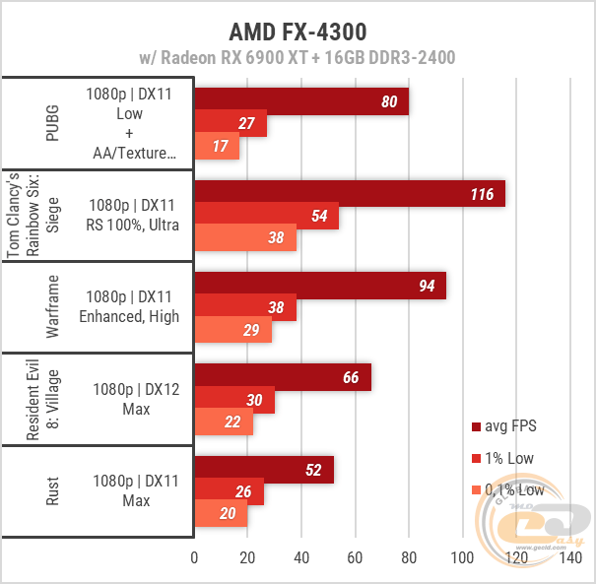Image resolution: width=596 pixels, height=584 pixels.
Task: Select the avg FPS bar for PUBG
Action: tap(301, 101)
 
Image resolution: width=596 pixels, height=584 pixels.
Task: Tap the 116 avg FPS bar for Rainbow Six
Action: tap(350, 194)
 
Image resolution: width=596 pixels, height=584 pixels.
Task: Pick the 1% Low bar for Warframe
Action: tap(245, 308)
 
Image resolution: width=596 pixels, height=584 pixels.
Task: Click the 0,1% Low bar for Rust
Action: tap(221, 514)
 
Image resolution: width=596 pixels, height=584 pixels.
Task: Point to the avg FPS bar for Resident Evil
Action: tap(283, 377)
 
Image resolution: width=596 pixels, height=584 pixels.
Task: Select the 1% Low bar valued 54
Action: tap(266, 216)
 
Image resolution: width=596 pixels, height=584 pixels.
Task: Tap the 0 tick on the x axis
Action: tap(194, 558)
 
